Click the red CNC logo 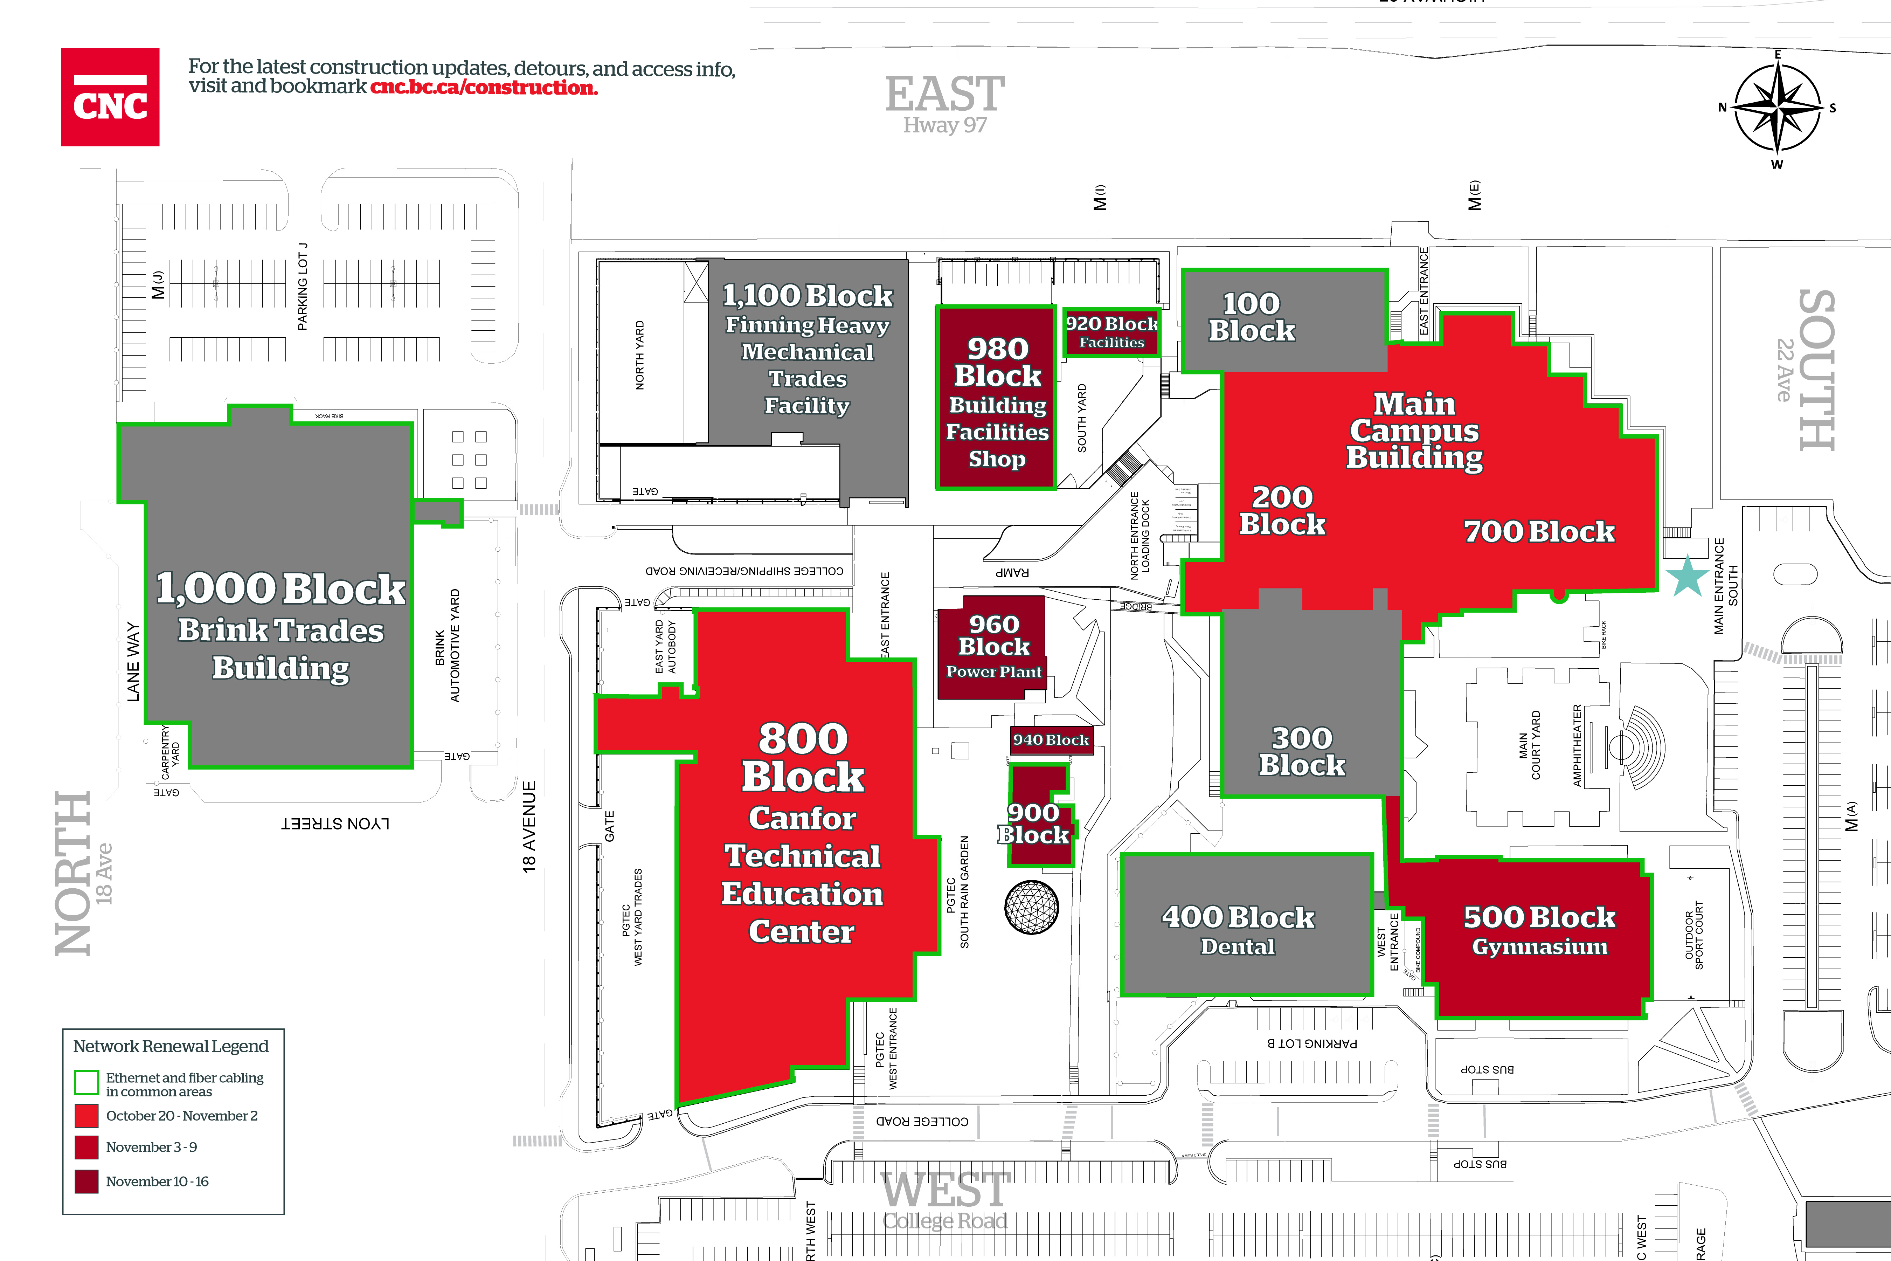(x=110, y=97)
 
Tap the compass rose (x=1777, y=108)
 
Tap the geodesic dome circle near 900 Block (x=1032, y=907)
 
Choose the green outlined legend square (x=86, y=1082)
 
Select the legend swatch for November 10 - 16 (x=86, y=1181)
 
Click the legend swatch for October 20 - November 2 (x=86, y=1115)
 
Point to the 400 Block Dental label (x=1238, y=930)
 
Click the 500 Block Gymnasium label (x=1539, y=930)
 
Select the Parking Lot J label (x=302, y=286)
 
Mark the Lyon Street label (x=335, y=824)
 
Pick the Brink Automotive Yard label (x=447, y=646)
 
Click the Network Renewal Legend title (x=171, y=1046)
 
